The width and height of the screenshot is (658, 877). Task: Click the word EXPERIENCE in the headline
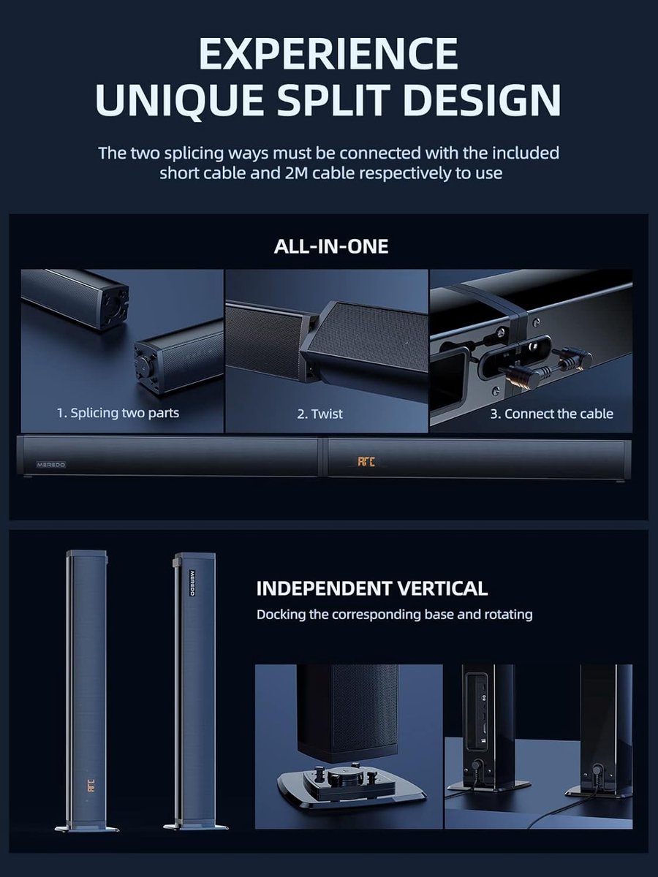coord(328,53)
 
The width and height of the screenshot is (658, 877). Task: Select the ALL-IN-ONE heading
coord(330,246)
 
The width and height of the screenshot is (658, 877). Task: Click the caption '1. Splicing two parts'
coord(118,413)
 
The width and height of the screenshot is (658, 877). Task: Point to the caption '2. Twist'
coord(319,414)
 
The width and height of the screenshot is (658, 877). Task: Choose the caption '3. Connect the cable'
coord(552,414)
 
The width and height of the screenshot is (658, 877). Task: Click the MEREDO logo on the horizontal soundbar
coord(51,465)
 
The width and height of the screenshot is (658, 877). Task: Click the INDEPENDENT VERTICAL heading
coord(372,588)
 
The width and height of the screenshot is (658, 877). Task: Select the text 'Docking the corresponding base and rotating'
coord(394,614)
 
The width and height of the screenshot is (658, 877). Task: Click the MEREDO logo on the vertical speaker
coord(192,582)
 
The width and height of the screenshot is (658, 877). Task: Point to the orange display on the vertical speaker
coord(91,786)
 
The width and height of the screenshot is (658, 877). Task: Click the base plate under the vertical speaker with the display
coord(87,827)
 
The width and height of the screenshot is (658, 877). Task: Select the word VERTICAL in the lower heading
coord(442,588)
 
